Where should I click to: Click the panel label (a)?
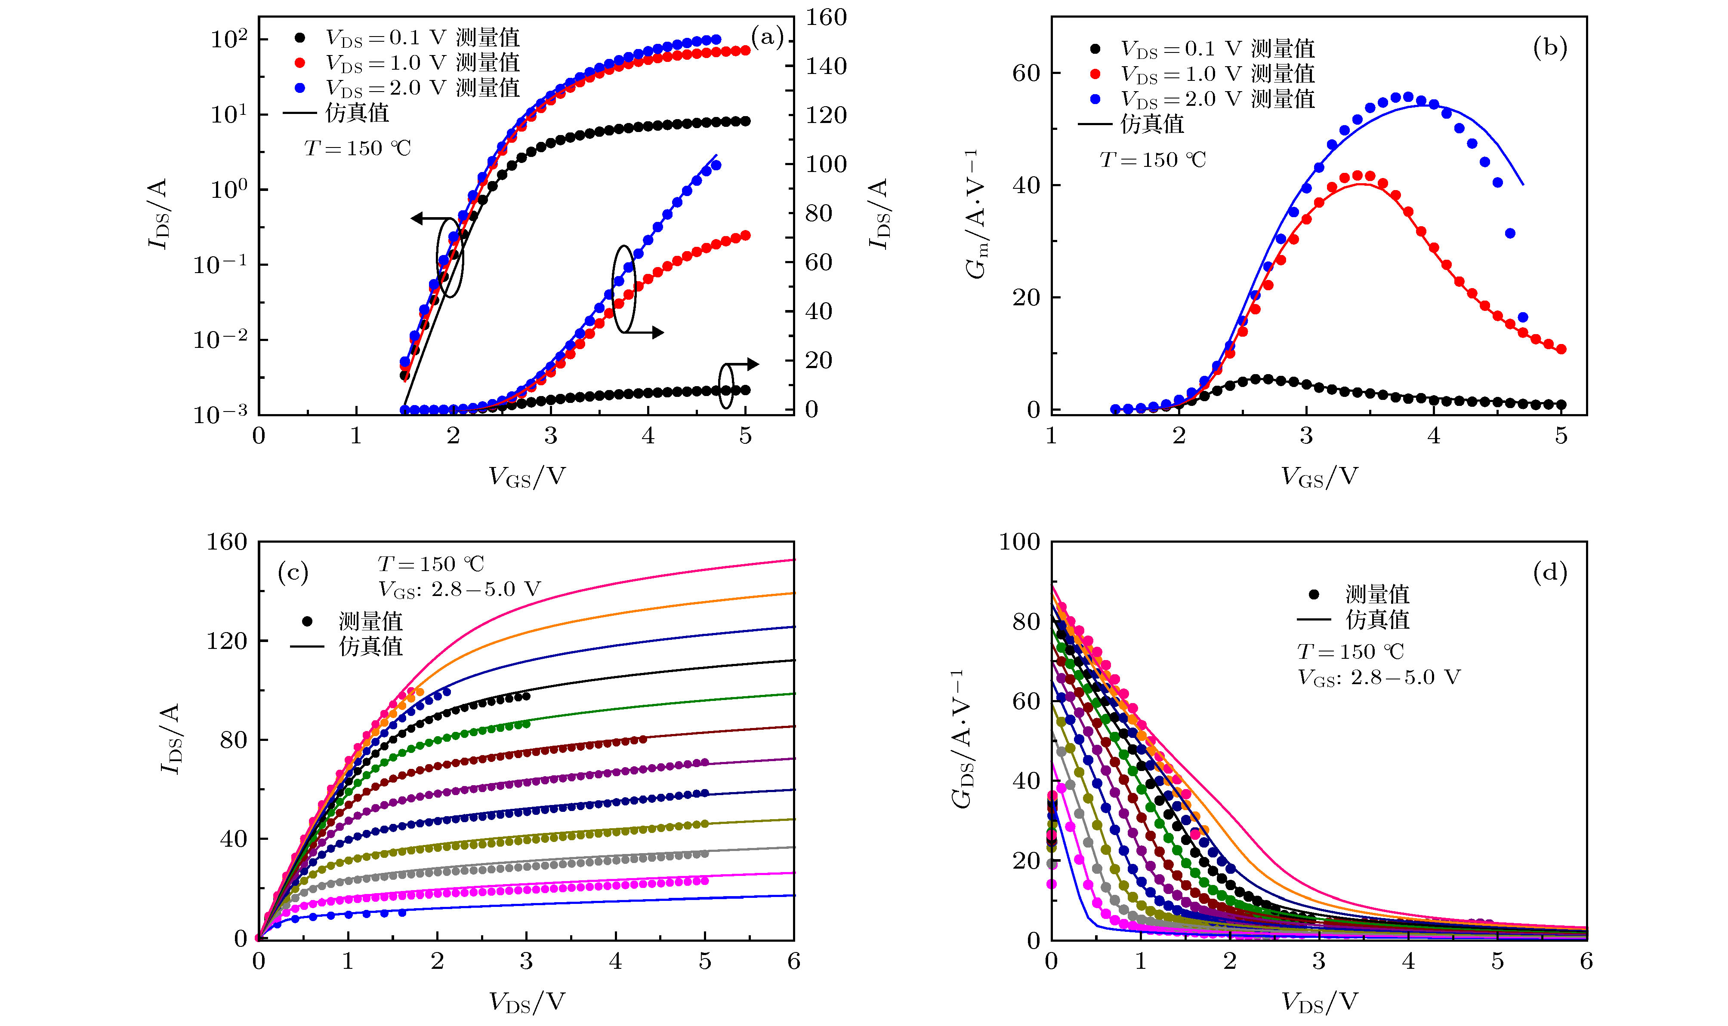pyautogui.click(x=766, y=37)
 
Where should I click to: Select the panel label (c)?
pyautogui.click(x=293, y=572)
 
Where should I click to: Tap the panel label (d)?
pyautogui.click(x=1549, y=572)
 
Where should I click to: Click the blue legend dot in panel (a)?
pyautogui.click(x=299, y=88)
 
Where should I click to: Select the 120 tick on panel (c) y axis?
pyautogui.click(x=226, y=641)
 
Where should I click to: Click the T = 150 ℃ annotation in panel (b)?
pyautogui.click(x=1152, y=160)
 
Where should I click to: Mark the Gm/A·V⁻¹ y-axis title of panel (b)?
pyautogui.click(x=977, y=214)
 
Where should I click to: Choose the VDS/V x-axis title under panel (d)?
pyautogui.click(x=1319, y=1002)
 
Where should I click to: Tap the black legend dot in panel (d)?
pyautogui.click(x=1314, y=594)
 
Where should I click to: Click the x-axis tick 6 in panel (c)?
pyautogui.click(x=793, y=961)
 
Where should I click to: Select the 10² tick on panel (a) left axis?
pyautogui.click(x=229, y=40)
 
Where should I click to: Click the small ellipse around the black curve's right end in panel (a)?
pyautogui.click(x=725, y=386)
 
